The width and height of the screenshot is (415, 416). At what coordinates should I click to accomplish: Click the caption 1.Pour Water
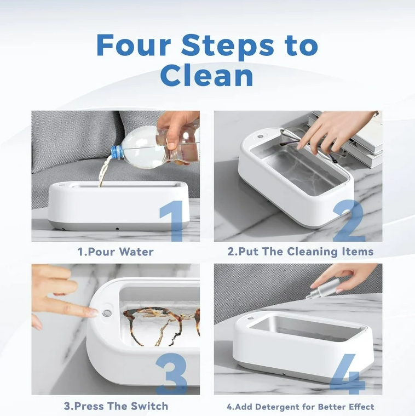tap(115, 252)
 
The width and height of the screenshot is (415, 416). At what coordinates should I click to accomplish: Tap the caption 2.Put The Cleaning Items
tap(300, 252)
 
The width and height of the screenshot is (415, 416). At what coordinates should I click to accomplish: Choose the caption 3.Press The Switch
tap(116, 406)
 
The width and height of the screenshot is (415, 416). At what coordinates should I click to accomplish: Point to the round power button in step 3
tap(106, 313)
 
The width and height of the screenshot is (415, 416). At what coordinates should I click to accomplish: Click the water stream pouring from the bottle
tap(102, 174)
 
